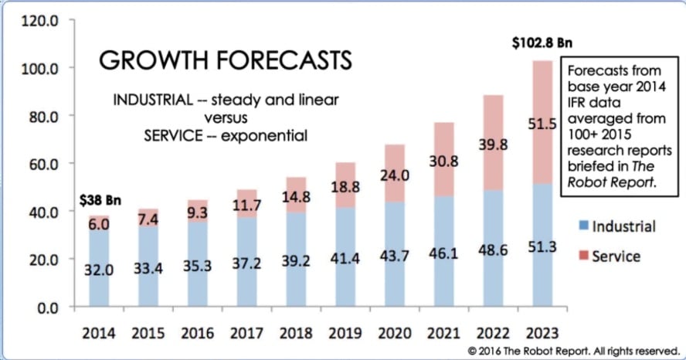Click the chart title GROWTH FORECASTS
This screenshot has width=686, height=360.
[226, 59]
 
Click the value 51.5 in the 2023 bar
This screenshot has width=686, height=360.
[542, 124]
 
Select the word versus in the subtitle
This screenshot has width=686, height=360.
[226, 118]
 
